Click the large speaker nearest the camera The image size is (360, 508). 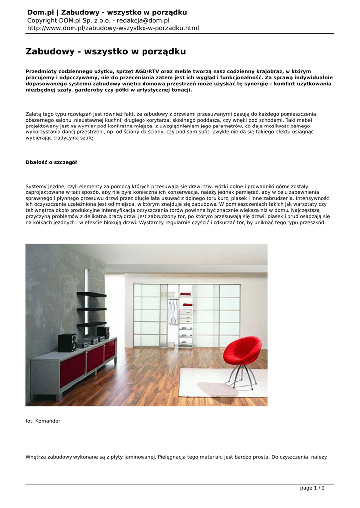pos(67,342)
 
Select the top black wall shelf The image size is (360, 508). pos(91,294)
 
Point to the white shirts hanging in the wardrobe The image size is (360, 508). pos(172,312)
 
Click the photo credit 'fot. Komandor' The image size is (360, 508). pos(43,421)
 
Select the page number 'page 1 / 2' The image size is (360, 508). pos(312,488)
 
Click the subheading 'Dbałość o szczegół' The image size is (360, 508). pos(51,162)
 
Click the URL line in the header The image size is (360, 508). pos(113,28)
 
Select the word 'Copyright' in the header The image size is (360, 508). pos(43,20)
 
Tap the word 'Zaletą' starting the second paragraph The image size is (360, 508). pos(35,114)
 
